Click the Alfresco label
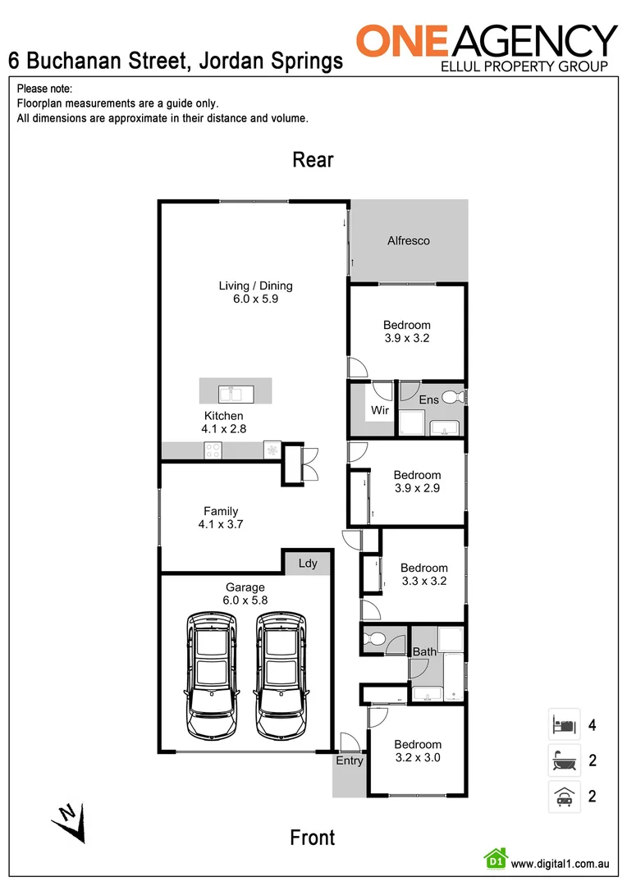click(x=408, y=241)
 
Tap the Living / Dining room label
click(x=255, y=286)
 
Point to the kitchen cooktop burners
click(x=213, y=450)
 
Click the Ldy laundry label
click(x=308, y=564)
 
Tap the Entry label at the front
click(x=349, y=761)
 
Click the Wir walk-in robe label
click(x=379, y=409)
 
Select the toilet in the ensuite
click(x=452, y=398)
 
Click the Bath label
click(x=424, y=652)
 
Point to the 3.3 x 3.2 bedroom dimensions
click(x=423, y=581)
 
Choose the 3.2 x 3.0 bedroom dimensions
click(x=417, y=758)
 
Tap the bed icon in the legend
click(x=564, y=725)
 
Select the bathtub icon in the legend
click(x=564, y=760)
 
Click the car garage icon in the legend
click(x=564, y=796)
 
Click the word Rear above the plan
click(x=313, y=160)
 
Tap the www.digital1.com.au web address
click(x=560, y=864)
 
